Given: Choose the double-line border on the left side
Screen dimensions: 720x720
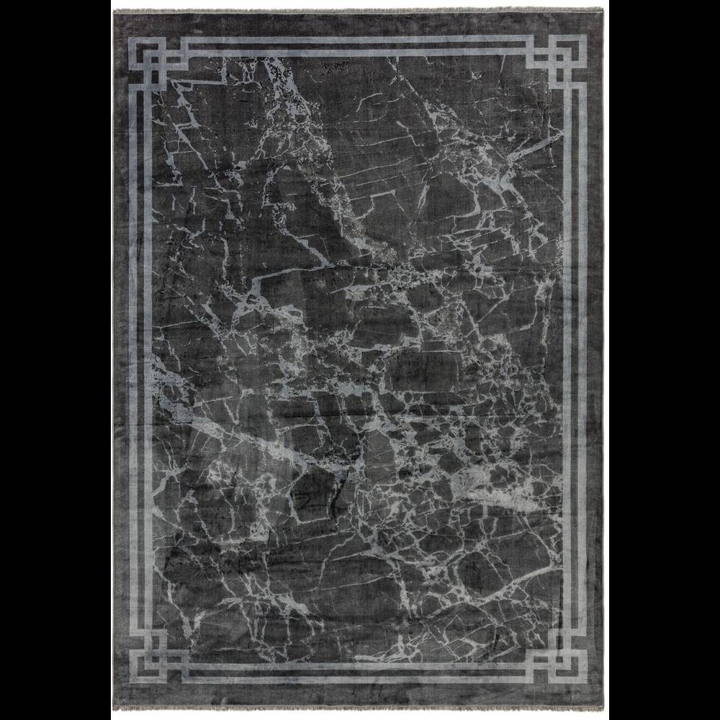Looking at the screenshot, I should (x=138, y=360).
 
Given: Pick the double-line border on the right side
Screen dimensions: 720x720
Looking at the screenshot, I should (x=576, y=360).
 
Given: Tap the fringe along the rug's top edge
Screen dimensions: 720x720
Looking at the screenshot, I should (x=360, y=9).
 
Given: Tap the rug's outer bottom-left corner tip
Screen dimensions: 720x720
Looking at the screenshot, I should (x=113, y=709).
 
